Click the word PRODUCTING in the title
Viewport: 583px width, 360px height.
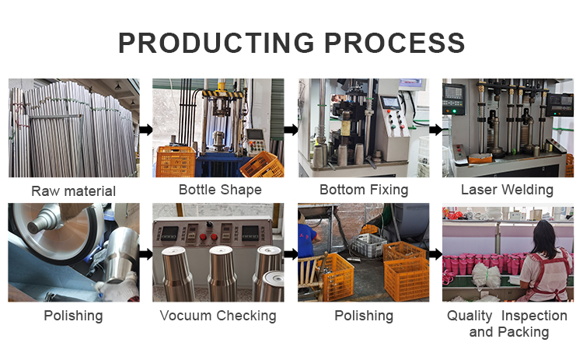coord(216,43)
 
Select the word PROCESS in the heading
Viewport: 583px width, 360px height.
coord(394,43)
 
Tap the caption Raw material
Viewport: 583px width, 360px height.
coord(74,191)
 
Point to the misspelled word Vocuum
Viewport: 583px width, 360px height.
coord(186,316)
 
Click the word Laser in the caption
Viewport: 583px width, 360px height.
coord(478,190)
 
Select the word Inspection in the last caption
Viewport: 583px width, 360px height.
coord(534,316)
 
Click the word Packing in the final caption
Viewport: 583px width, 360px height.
coord(523,332)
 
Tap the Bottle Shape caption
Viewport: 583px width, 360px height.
coord(220,190)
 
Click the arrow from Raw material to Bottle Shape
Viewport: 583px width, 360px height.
coord(146,130)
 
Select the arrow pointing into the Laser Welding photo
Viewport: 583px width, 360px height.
coord(436,130)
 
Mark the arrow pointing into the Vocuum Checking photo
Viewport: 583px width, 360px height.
coord(146,254)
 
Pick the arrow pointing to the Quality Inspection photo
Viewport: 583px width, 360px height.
coord(436,254)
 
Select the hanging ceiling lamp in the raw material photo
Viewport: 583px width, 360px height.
coord(118,86)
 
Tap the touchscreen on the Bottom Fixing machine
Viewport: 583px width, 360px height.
coord(391,103)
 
